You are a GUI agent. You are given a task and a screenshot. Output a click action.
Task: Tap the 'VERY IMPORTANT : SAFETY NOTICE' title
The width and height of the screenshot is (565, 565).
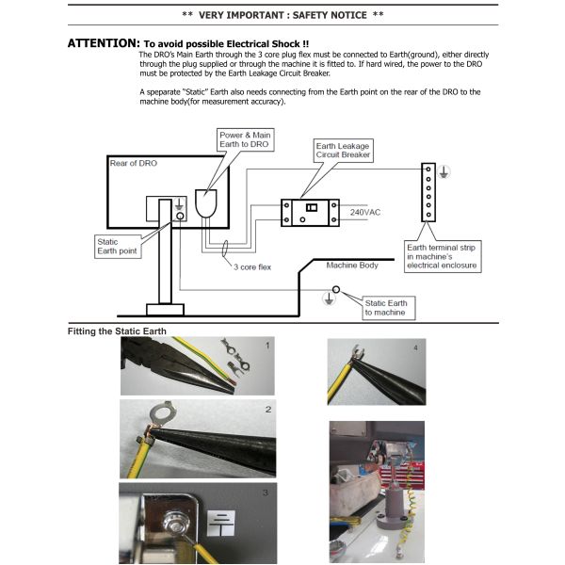pyautogui.click(x=282, y=15)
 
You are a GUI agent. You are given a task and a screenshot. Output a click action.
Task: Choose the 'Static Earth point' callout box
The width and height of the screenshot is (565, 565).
pyautogui.click(x=116, y=250)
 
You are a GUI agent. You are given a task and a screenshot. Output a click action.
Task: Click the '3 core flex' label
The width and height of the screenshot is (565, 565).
pyautogui.click(x=252, y=266)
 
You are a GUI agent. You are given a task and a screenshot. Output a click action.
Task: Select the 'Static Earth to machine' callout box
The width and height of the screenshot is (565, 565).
pyautogui.click(x=386, y=307)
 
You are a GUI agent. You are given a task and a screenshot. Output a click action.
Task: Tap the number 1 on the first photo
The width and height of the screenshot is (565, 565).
pyautogui.click(x=268, y=347)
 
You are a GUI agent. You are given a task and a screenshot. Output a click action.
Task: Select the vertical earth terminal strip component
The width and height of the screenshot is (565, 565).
pyautogui.click(x=428, y=190)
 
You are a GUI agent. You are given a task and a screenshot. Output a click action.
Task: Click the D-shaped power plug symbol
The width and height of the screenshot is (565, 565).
pyautogui.click(x=206, y=203)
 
